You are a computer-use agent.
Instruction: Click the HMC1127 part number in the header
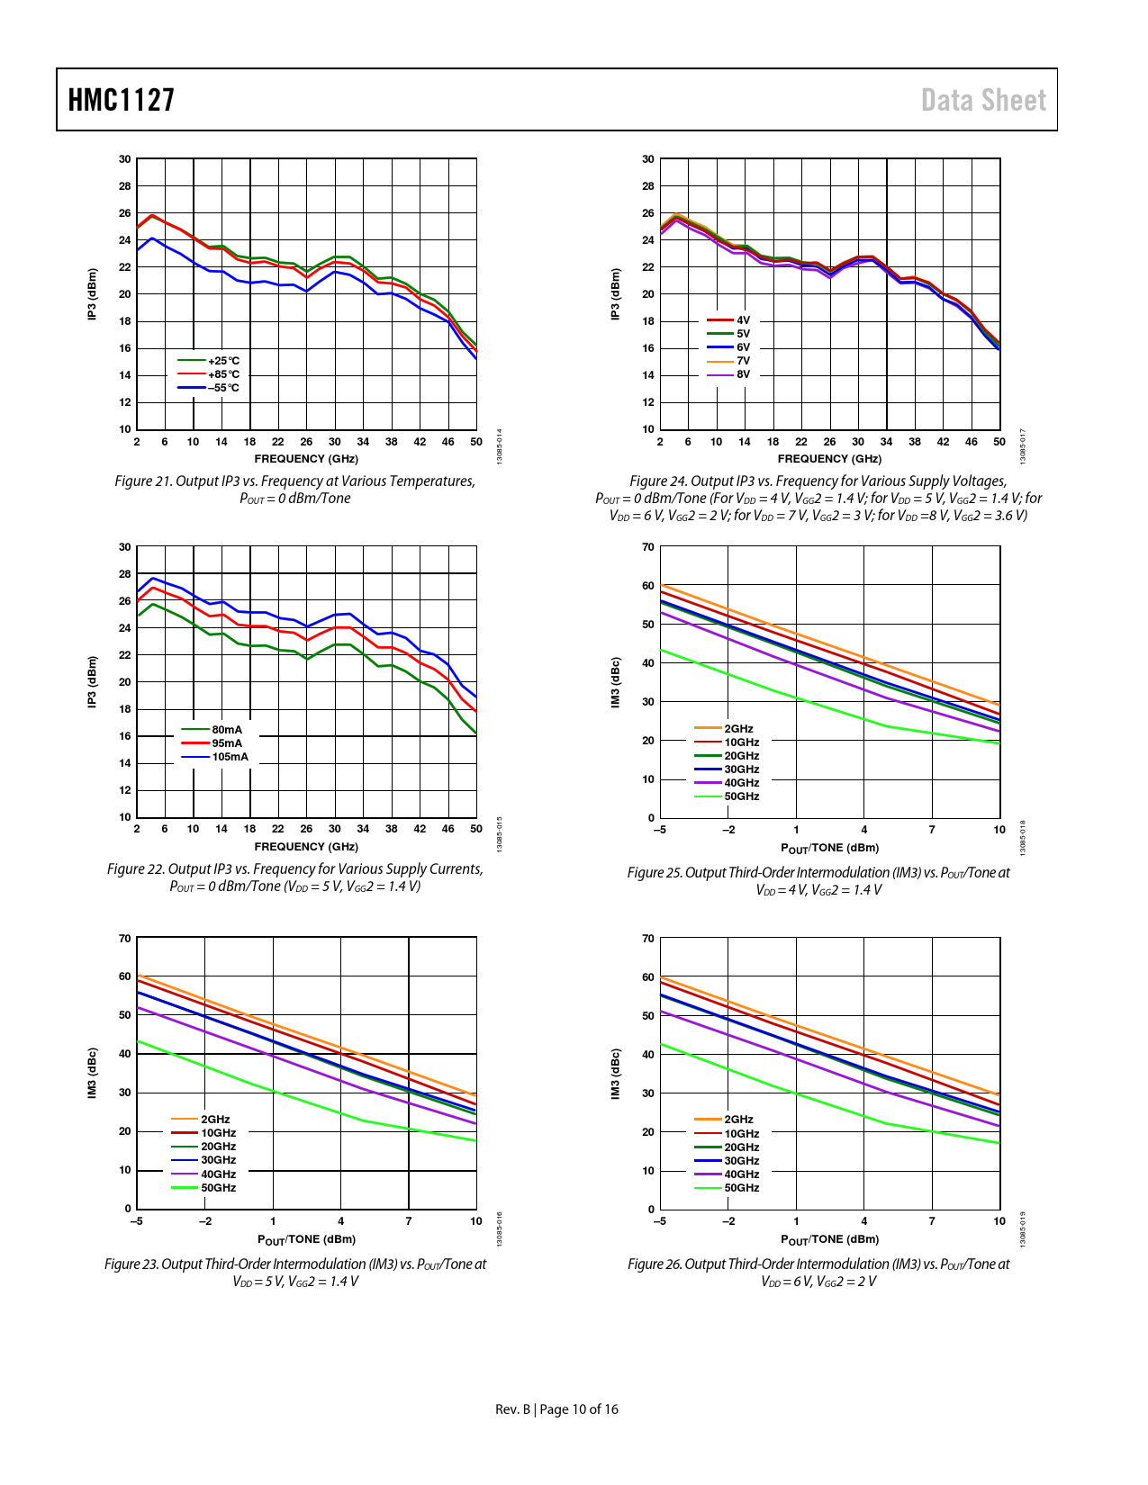(122, 100)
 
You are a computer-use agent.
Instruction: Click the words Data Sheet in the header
(983, 100)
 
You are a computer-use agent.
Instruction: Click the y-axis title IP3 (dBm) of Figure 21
(92, 294)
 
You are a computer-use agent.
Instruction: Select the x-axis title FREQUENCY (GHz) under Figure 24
(829, 459)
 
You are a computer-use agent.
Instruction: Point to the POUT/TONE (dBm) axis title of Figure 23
(306, 1239)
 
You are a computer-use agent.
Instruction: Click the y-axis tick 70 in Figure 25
(648, 547)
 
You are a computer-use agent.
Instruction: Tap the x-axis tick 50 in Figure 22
(476, 829)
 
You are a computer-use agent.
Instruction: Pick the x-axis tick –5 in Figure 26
(660, 1221)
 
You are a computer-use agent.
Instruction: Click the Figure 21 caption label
(143, 481)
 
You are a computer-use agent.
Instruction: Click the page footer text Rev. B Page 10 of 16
(556, 1409)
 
